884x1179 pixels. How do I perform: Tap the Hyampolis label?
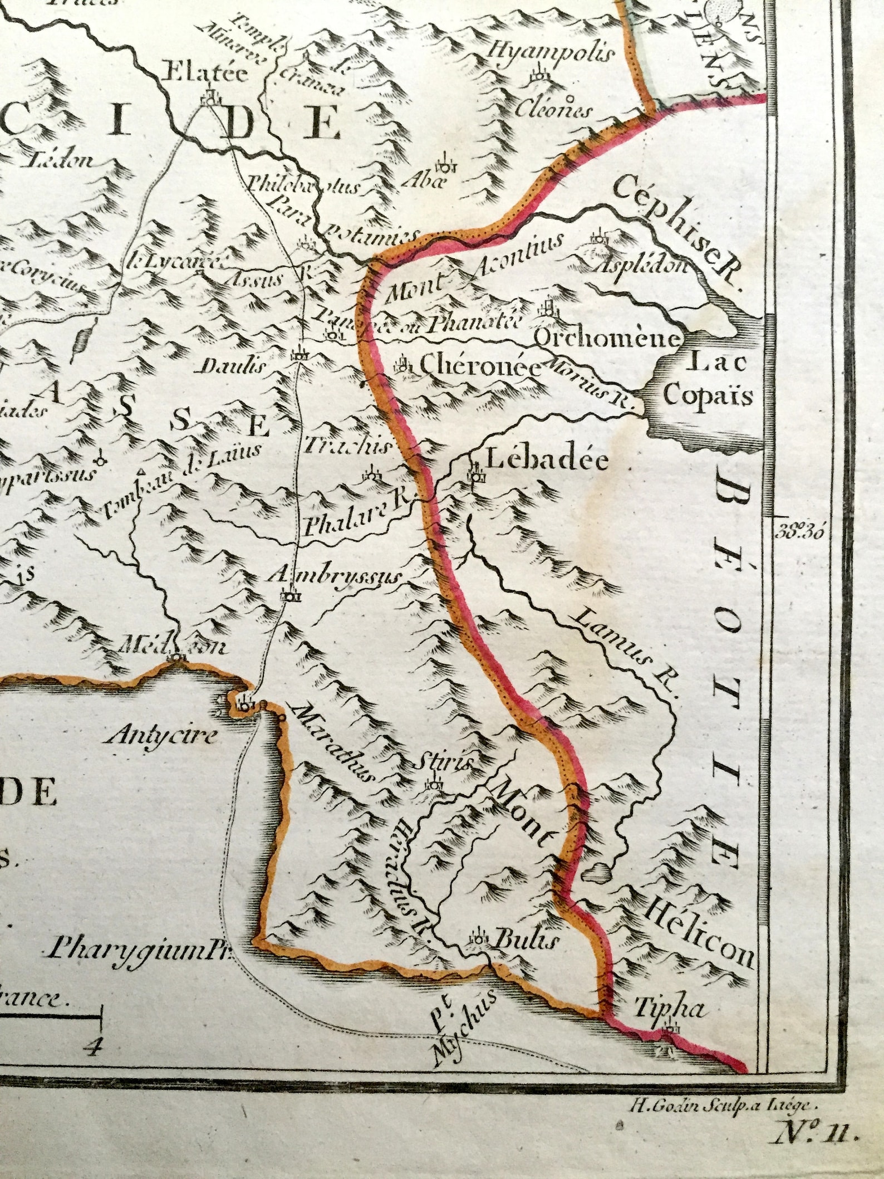click(x=551, y=54)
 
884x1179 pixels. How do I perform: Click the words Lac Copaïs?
click(x=709, y=380)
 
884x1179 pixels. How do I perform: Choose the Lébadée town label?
click(x=547, y=460)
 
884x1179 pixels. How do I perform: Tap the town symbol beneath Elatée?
click(x=210, y=99)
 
